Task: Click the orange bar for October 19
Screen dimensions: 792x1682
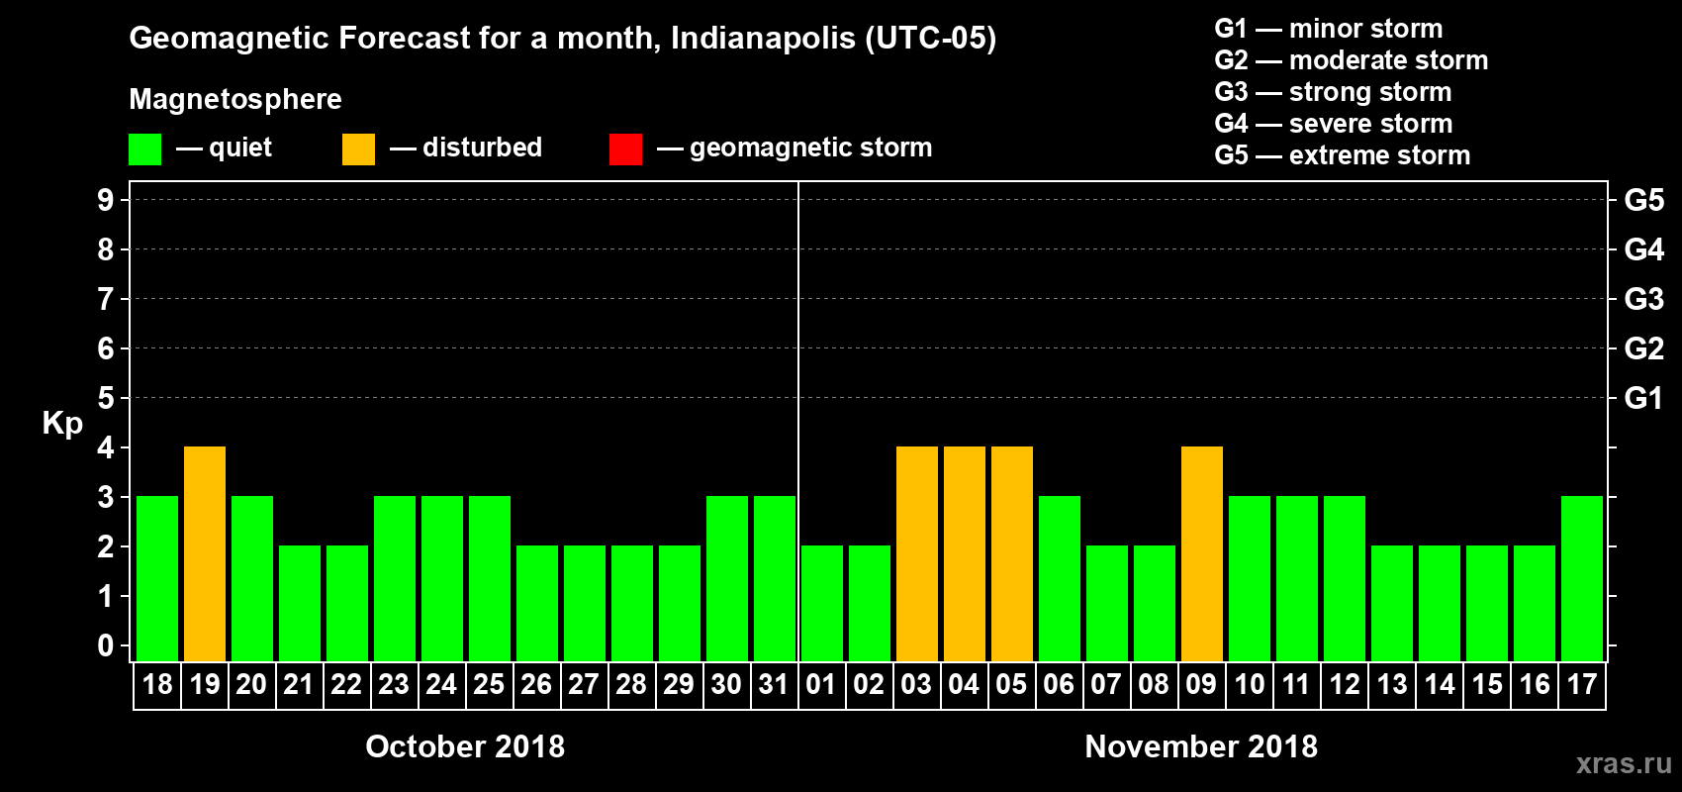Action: pyautogui.click(x=205, y=553)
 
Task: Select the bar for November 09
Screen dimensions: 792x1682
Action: pyautogui.click(x=1202, y=553)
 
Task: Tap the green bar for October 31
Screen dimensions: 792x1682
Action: pyautogui.click(x=775, y=578)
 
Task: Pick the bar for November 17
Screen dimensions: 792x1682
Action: pyautogui.click(x=1582, y=578)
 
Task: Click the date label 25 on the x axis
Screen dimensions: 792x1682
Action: pyautogui.click(x=489, y=684)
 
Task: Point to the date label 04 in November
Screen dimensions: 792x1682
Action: pyautogui.click(x=964, y=684)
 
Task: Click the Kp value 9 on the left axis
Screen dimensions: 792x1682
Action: pyautogui.click(x=106, y=200)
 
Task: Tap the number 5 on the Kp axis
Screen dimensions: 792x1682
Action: pyautogui.click(x=106, y=398)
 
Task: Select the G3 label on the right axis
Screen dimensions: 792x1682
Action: pyautogui.click(x=1643, y=299)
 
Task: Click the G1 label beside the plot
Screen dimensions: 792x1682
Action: pyautogui.click(x=1643, y=398)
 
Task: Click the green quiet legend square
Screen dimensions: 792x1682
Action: pyautogui.click(x=145, y=149)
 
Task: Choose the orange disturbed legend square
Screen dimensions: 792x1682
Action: pyautogui.click(x=358, y=149)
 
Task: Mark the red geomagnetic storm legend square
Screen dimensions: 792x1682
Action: pyautogui.click(x=625, y=149)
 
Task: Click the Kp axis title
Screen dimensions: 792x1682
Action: pyautogui.click(x=62, y=424)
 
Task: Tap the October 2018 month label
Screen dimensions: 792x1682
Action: pyautogui.click(x=465, y=746)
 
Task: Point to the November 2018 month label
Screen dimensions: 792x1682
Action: pyautogui.click(x=1201, y=746)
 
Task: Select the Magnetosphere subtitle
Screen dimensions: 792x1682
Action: pyautogui.click(x=235, y=99)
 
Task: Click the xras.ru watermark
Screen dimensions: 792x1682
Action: pyautogui.click(x=1624, y=763)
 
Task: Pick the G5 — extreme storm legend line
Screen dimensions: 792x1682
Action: pyautogui.click(x=1342, y=155)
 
